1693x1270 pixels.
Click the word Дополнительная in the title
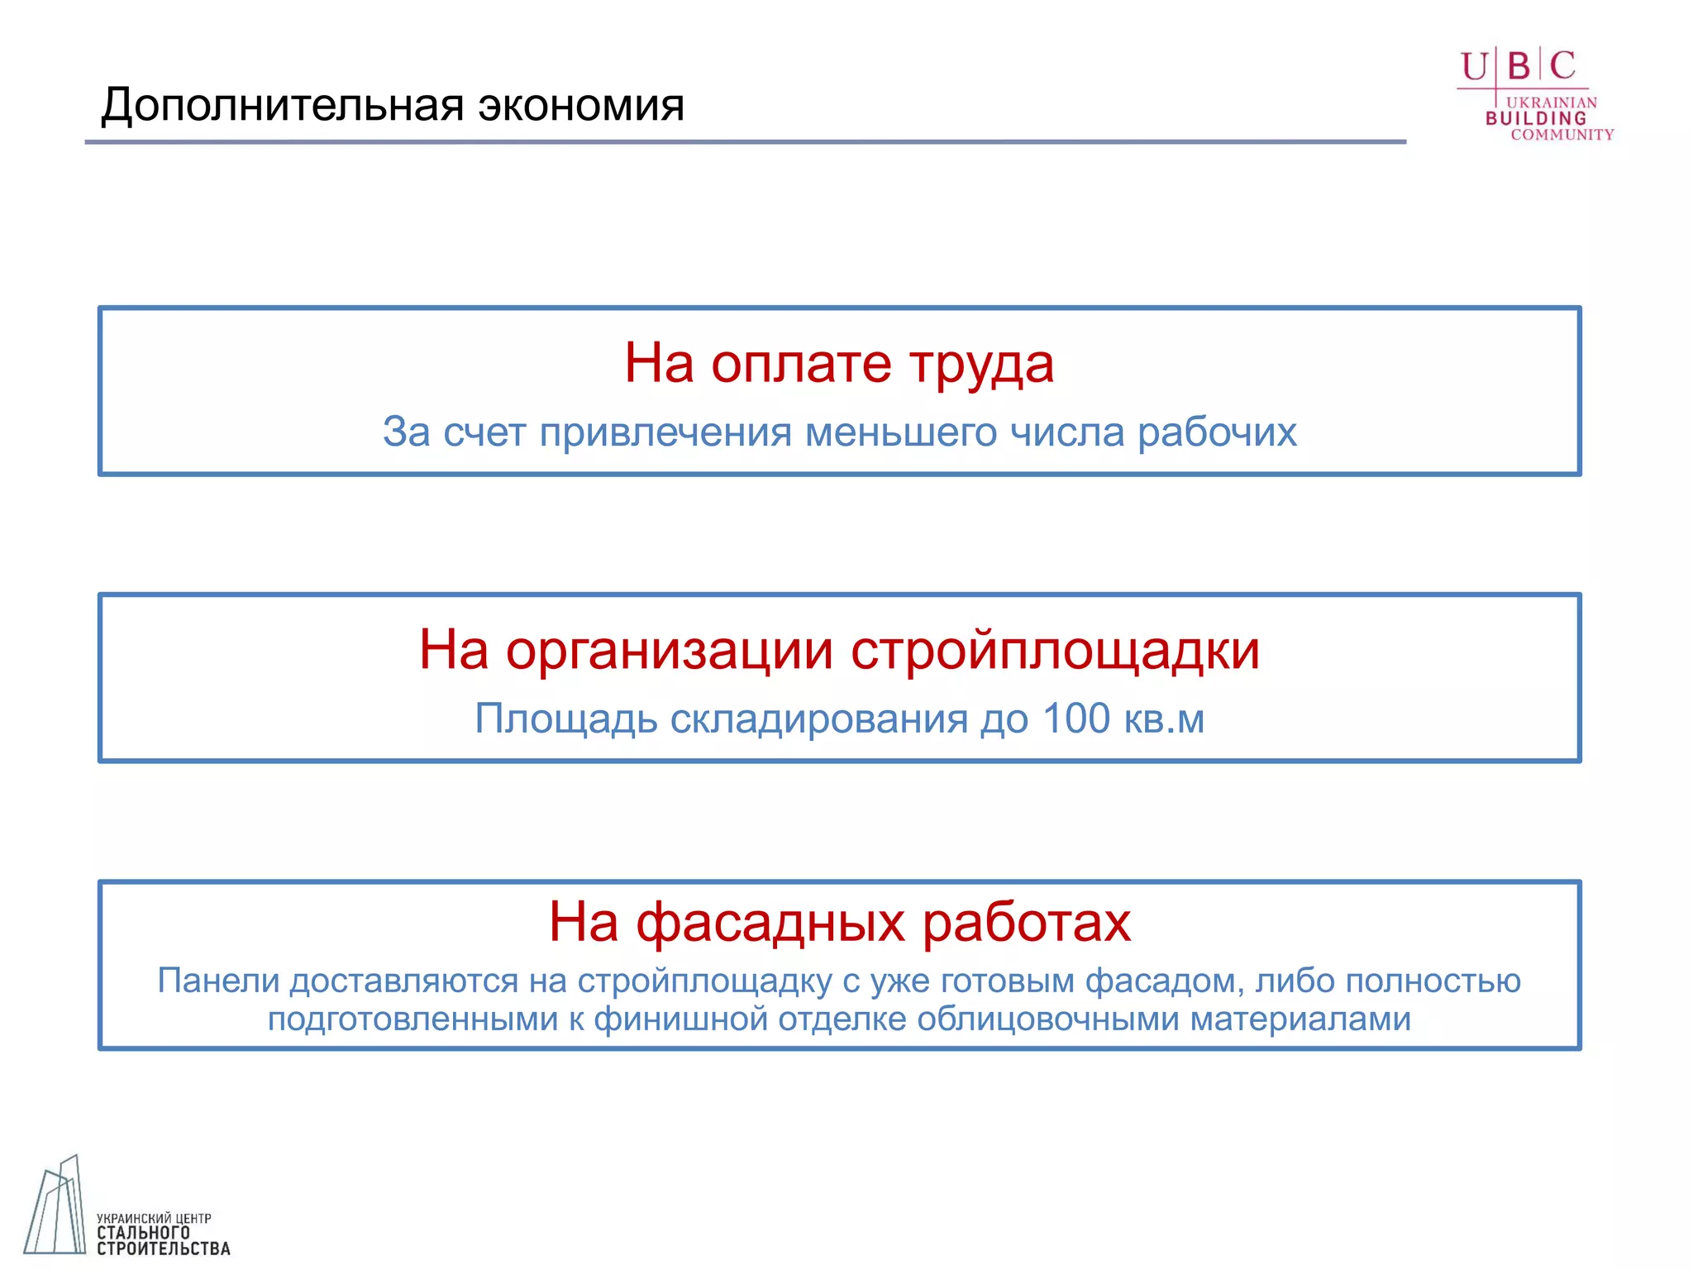click(x=282, y=106)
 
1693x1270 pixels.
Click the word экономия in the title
click(x=581, y=106)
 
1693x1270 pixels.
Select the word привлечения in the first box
click(x=665, y=432)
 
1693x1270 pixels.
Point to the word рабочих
click(x=1217, y=432)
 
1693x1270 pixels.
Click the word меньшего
click(x=901, y=432)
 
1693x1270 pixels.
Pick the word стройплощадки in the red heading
click(x=1055, y=650)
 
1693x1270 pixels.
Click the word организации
click(x=670, y=650)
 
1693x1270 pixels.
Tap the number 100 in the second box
click(x=1075, y=719)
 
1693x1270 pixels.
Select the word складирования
click(x=818, y=719)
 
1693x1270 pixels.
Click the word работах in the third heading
click(x=1026, y=922)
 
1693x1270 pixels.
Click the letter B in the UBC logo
click(x=1519, y=66)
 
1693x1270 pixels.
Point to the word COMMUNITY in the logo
click(x=1562, y=135)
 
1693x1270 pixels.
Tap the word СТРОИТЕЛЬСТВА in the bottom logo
click(x=163, y=1249)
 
